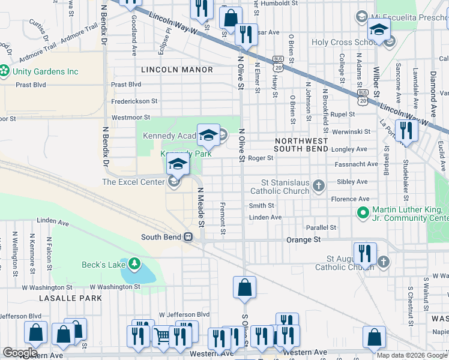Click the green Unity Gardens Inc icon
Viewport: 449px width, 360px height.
5,71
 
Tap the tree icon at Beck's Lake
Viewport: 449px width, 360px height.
134,264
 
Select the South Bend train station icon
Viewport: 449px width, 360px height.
188,237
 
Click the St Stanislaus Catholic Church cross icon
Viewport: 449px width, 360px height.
318,185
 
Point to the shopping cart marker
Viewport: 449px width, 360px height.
162,337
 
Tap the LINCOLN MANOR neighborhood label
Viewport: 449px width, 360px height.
177,70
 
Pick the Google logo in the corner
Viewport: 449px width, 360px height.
20,352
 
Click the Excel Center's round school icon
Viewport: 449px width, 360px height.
174,182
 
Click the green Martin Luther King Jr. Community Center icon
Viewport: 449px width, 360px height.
363,212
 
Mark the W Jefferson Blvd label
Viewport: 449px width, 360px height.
184,314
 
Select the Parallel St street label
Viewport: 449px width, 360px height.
321,227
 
